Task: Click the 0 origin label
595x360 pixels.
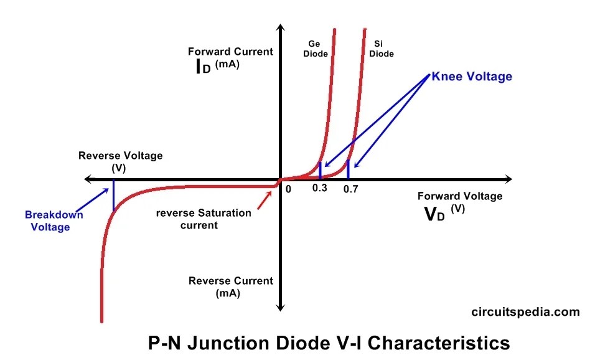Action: (x=288, y=188)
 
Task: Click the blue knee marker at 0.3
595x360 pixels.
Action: (x=320, y=170)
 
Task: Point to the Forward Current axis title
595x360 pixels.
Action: (x=230, y=52)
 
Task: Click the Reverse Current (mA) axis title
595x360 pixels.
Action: (x=230, y=287)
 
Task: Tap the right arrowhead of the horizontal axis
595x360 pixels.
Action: (x=508, y=179)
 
